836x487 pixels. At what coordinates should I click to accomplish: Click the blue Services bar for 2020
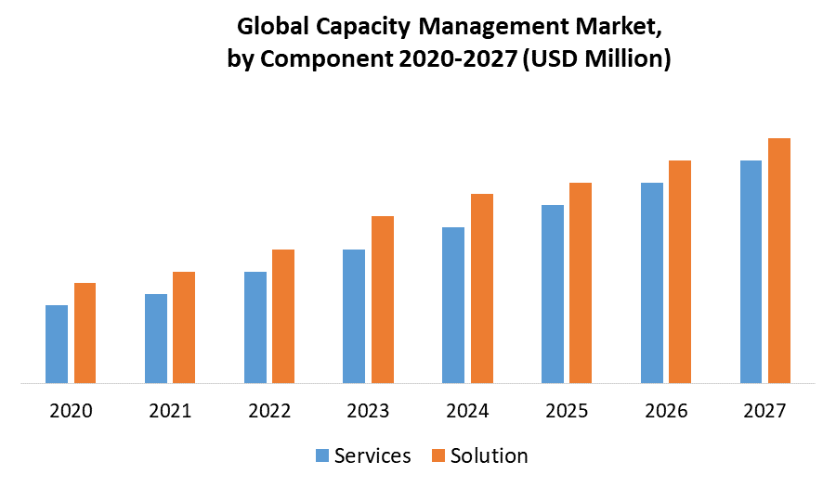pos(57,343)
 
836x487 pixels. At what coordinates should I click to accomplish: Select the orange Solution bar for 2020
pos(85,332)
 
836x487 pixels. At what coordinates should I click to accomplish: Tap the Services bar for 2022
pos(255,327)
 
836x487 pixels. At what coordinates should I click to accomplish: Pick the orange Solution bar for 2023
pos(383,299)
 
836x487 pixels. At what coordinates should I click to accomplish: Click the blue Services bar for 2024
pos(453,304)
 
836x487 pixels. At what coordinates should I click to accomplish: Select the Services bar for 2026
pos(652,282)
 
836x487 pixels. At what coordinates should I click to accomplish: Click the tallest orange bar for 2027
pos(779,260)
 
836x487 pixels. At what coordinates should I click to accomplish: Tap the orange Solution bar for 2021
pos(184,327)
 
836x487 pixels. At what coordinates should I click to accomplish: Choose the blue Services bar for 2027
pos(751,271)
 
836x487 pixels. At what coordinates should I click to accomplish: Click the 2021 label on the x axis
pos(170,411)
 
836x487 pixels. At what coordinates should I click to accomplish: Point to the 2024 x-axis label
pos(467,411)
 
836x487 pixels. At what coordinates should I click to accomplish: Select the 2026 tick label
pos(666,411)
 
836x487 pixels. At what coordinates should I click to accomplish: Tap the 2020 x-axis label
pos(72,411)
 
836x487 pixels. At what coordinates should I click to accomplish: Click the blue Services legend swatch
pos(322,455)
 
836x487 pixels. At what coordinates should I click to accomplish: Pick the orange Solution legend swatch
pos(438,455)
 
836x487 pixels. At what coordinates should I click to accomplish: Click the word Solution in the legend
pos(489,455)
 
